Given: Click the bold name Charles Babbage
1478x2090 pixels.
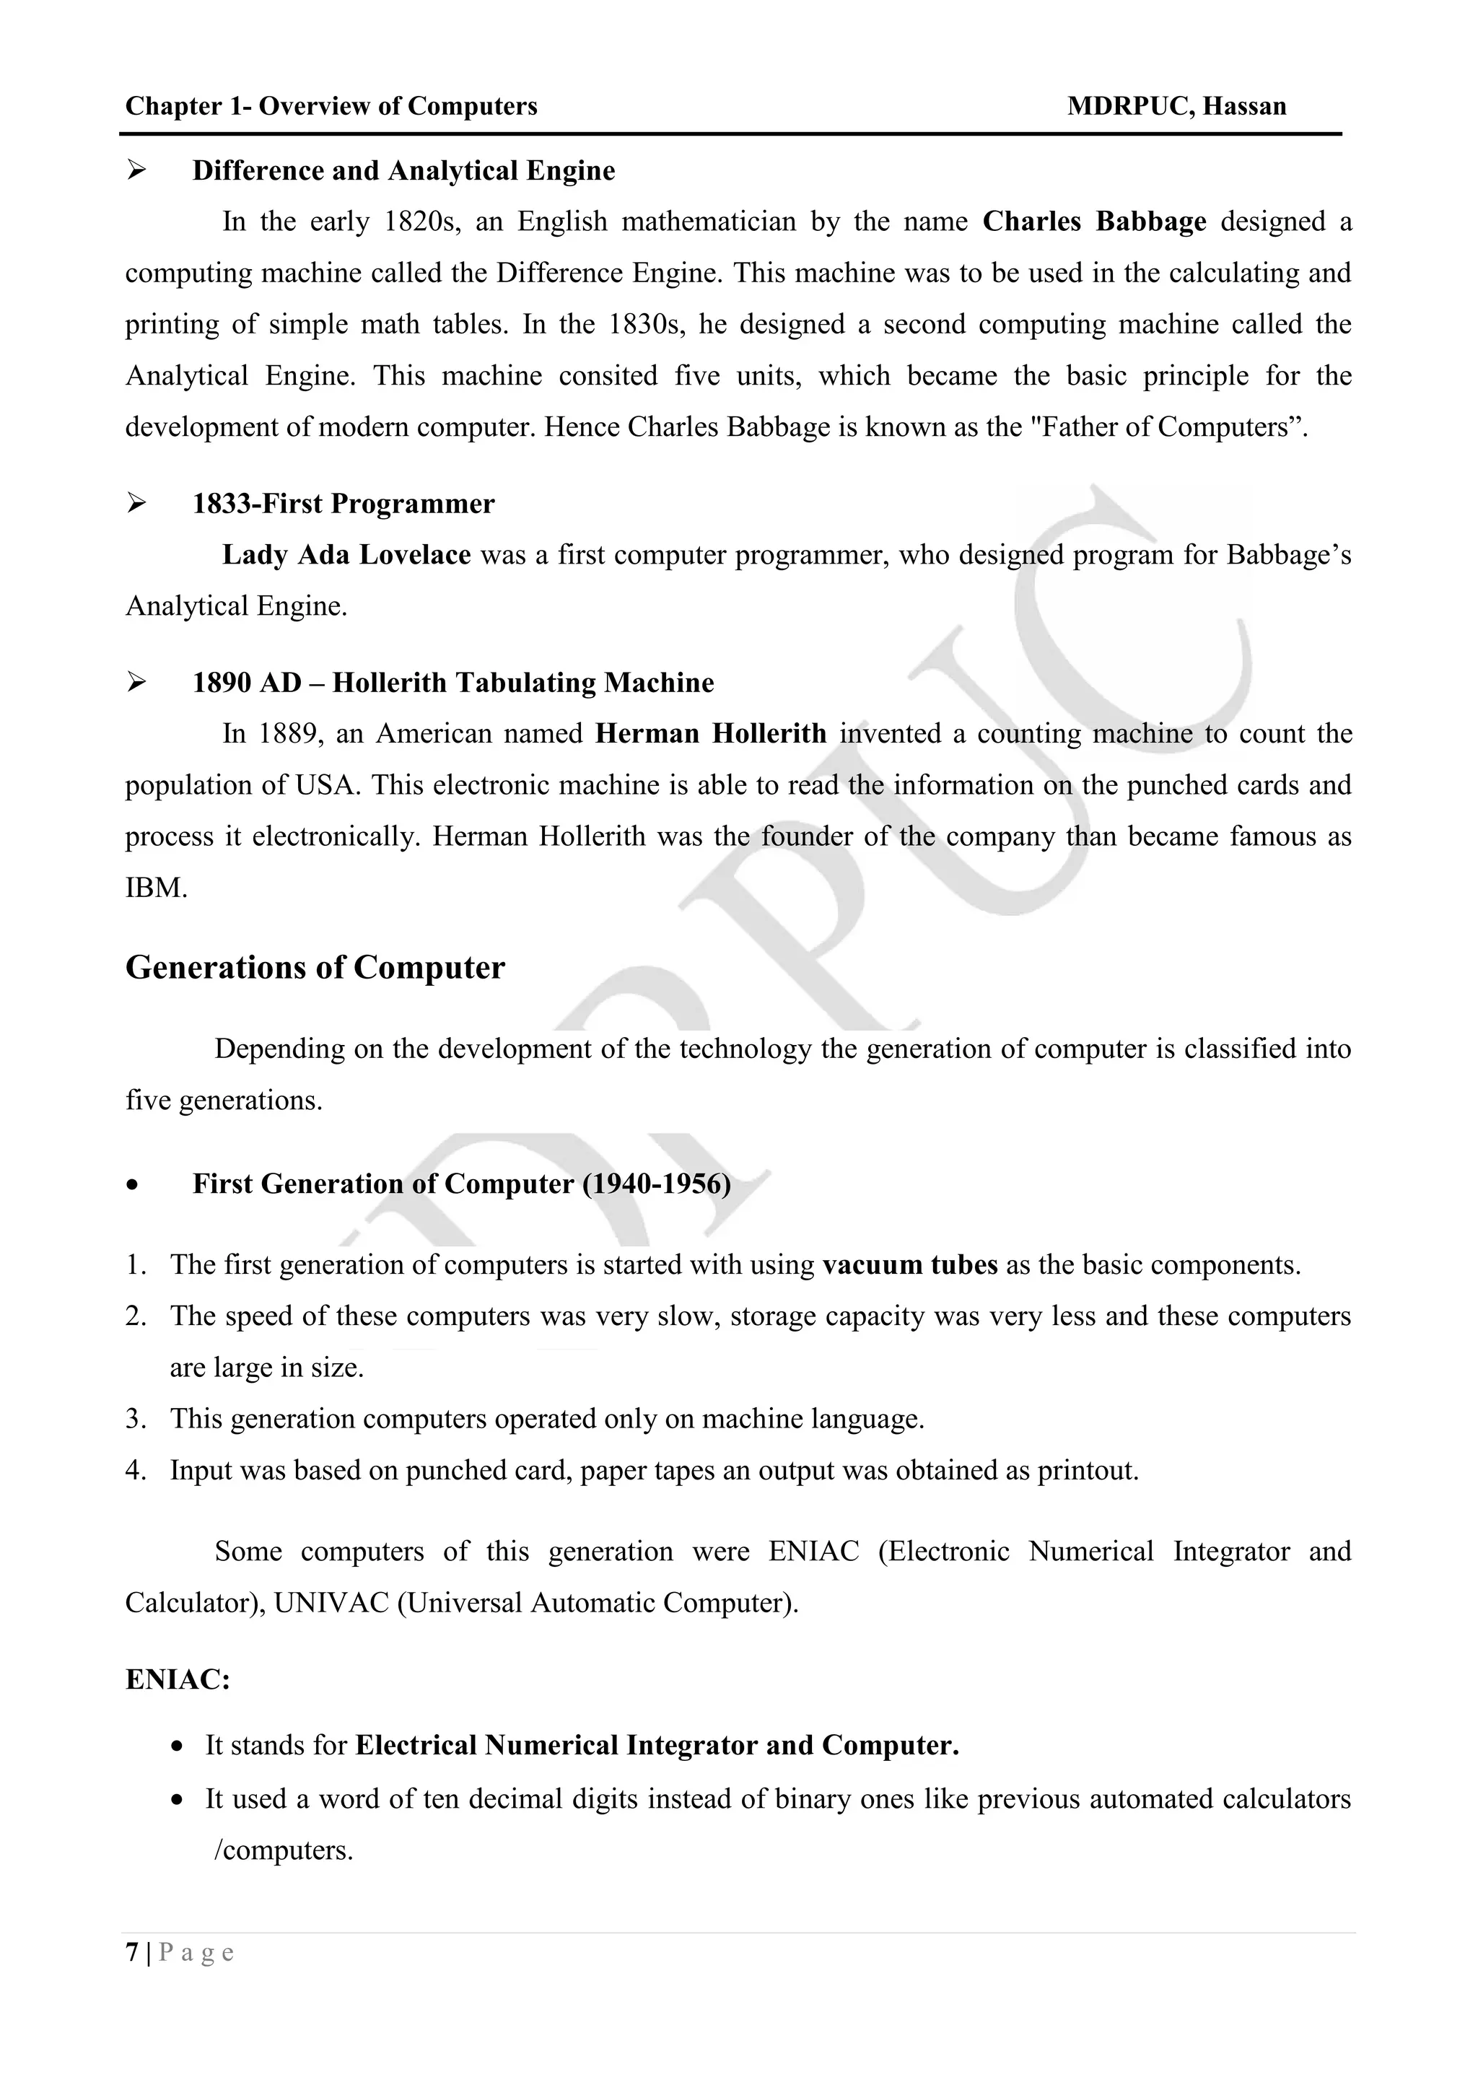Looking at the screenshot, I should (1094, 222).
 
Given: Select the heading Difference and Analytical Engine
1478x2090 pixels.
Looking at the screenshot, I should (403, 170).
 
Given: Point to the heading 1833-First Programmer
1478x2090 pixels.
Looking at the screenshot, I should (343, 504).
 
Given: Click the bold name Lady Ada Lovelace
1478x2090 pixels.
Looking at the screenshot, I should (346, 554).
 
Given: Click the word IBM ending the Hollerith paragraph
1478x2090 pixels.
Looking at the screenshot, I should (156, 888).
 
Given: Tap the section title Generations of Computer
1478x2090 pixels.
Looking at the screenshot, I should (315, 967).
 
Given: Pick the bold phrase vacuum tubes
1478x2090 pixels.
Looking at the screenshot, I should (909, 1264).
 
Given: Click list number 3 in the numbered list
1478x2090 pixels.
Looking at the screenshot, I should (136, 1418).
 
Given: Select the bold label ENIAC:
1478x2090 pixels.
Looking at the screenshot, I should (178, 1679).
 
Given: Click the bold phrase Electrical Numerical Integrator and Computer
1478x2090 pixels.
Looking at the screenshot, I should (656, 1745).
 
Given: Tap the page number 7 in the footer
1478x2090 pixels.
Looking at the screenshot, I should (132, 1953).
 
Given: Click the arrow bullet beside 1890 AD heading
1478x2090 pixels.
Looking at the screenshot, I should (136, 682).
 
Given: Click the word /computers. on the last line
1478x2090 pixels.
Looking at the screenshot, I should (282, 1850).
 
